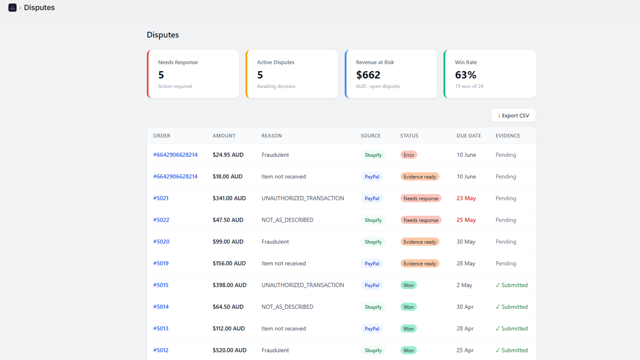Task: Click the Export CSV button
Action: point(514,116)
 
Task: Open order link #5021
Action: point(161,198)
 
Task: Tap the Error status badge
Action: point(408,155)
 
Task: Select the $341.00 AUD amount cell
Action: point(229,198)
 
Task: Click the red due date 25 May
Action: point(466,220)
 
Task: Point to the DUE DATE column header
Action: point(468,136)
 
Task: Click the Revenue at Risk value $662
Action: point(368,75)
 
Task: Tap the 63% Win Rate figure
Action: point(466,75)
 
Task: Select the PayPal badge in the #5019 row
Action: point(372,264)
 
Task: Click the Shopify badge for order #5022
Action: point(373,220)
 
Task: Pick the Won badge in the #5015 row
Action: point(408,285)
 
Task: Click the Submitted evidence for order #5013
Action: point(512,328)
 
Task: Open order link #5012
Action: point(161,350)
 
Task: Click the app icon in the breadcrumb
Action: point(12,8)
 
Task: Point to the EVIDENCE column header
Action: point(508,136)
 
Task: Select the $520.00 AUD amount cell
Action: point(230,350)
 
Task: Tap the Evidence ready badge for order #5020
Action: point(420,242)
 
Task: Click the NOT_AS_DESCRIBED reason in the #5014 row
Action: point(288,306)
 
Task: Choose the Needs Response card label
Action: point(178,62)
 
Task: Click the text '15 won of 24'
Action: point(469,86)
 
